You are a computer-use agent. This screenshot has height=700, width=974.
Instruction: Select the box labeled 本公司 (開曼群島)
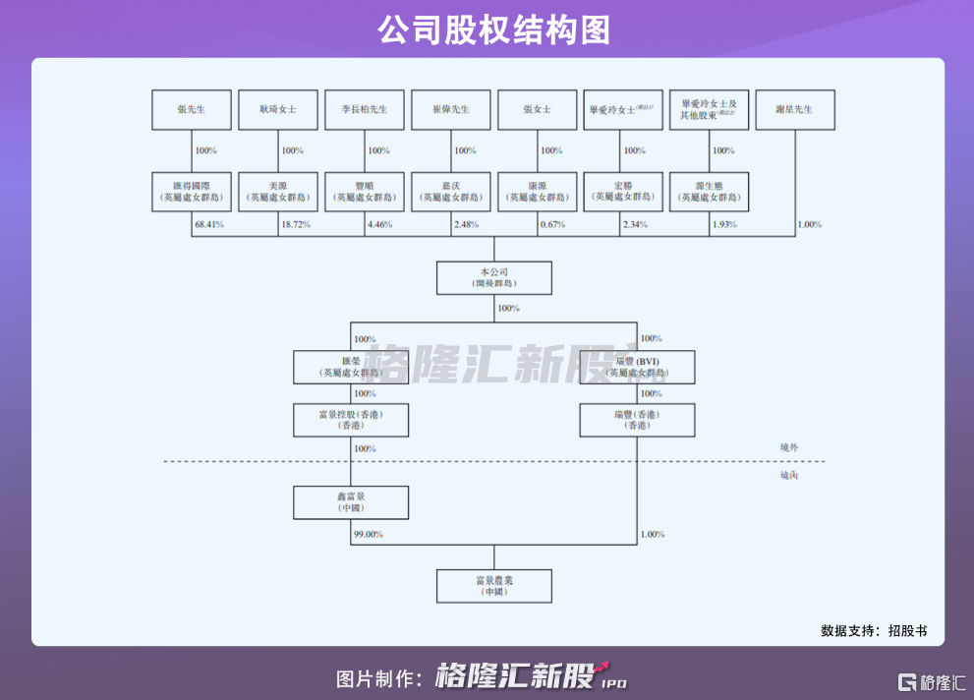click(x=493, y=277)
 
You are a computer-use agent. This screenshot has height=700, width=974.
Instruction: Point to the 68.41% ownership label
click(x=209, y=225)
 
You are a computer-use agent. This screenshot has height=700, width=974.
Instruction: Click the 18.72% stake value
click(x=296, y=225)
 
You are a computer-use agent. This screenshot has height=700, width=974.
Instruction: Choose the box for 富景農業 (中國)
click(x=493, y=586)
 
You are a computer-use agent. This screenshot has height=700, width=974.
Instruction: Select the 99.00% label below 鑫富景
click(x=367, y=535)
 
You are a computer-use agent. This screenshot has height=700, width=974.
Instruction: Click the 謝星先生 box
click(x=794, y=110)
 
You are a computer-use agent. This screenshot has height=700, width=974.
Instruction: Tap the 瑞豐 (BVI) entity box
click(x=637, y=367)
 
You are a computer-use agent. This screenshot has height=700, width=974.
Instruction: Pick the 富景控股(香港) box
click(x=351, y=420)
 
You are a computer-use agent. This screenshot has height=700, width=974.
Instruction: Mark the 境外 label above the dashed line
click(x=789, y=447)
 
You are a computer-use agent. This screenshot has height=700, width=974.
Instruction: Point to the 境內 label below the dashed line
click(x=789, y=476)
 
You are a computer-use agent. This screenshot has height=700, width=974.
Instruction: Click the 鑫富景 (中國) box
click(x=351, y=502)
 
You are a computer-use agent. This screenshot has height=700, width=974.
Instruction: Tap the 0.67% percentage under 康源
click(x=553, y=225)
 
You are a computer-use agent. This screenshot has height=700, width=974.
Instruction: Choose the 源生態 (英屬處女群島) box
click(x=709, y=192)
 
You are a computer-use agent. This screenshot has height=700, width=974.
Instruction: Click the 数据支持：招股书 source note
click(x=874, y=630)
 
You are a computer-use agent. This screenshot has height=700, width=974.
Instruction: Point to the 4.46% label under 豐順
click(x=379, y=225)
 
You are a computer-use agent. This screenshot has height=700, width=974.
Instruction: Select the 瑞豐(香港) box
click(x=637, y=420)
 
